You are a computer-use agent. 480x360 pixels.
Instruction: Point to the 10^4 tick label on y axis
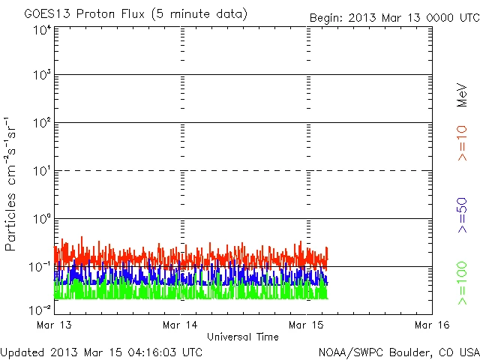pyautogui.click(x=42, y=29)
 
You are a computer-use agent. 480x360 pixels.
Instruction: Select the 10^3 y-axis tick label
pyautogui.click(x=42, y=75)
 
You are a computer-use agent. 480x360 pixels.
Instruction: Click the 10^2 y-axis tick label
pyautogui.click(x=42, y=122)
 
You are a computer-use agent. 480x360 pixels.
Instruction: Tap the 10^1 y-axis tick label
pyautogui.click(x=42, y=170)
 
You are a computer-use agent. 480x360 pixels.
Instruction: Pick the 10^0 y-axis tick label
pyautogui.click(x=42, y=218)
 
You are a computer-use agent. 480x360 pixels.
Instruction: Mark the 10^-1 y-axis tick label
pyautogui.click(x=40, y=266)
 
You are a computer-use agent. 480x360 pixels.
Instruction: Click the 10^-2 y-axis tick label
pyautogui.click(x=40, y=309)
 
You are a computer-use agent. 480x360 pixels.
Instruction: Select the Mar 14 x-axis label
pyautogui.click(x=181, y=325)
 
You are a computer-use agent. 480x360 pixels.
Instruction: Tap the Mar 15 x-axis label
pyautogui.click(x=307, y=325)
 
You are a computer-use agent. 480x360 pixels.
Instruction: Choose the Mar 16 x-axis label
pyautogui.click(x=432, y=325)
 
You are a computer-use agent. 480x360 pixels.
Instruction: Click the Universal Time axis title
pyautogui.click(x=242, y=337)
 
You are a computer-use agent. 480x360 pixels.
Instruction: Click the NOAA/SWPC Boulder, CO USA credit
pyautogui.click(x=398, y=351)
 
